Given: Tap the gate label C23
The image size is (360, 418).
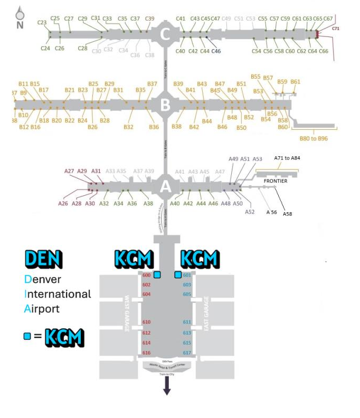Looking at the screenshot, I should tap(42, 23).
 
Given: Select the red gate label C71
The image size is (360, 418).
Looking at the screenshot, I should tap(336, 28).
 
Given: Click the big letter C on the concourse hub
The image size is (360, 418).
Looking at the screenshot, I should tap(165, 35).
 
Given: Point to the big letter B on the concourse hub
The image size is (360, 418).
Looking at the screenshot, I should tap(165, 106).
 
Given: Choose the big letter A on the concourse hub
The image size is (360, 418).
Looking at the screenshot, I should tap(165, 187).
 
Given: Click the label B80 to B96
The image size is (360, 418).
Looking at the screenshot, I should tap(314, 138).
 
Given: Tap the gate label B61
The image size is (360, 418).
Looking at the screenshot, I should tap(295, 81).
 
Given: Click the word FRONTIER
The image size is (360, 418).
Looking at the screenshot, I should tap(276, 180).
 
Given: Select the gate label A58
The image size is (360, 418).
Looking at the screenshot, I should tap(288, 214).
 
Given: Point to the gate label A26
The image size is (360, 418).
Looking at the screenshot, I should tap(63, 203).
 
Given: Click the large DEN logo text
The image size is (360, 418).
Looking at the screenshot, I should tap(43, 259).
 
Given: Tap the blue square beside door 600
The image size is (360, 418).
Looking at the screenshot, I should tap(157, 274).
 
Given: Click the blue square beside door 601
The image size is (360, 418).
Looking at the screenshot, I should tap(178, 274).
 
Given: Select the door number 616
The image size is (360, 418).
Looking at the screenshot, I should tap(147, 353).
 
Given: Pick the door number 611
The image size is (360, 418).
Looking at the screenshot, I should tap(187, 322).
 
